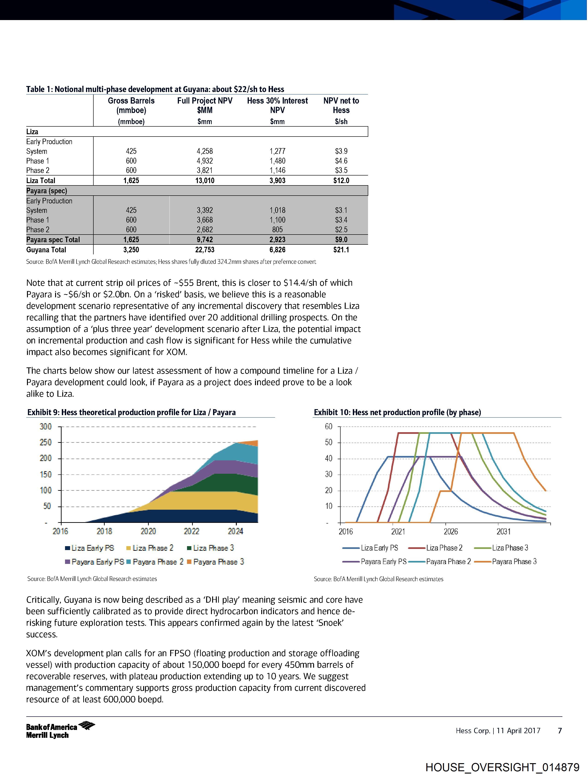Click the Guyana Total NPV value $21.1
pyautogui.click(x=341, y=250)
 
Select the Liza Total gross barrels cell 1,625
pyautogui.click(x=131, y=181)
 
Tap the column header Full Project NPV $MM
pyautogui.click(x=205, y=105)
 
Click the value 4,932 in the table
pyautogui.click(x=205, y=161)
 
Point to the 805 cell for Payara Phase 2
pyautogui.click(x=277, y=230)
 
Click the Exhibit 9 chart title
pyautogui.click(x=131, y=412)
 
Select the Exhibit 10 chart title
pyautogui.click(x=397, y=412)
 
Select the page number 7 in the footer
pyautogui.click(x=560, y=731)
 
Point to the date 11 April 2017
pyautogui.click(x=518, y=731)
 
